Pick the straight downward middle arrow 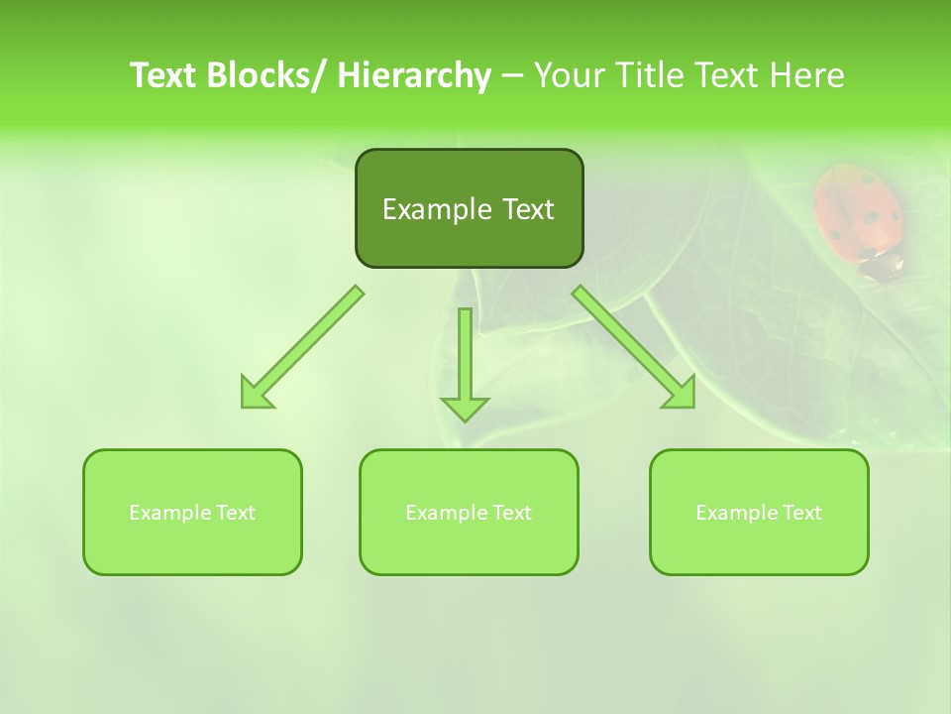(x=466, y=357)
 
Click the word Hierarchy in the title (x=414, y=75)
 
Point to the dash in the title (x=512, y=75)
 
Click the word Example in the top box (x=437, y=209)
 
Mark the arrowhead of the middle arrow (x=466, y=408)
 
